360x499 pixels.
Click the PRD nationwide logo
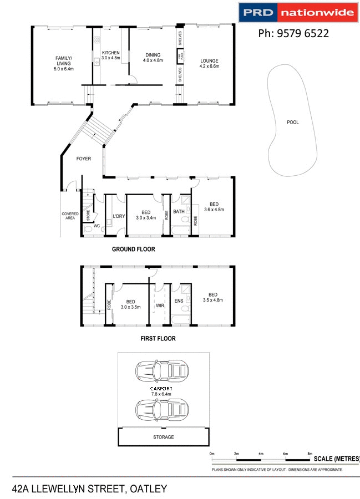(x=298, y=12)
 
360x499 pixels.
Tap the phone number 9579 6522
(x=293, y=33)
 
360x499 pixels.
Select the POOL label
(x=292, y=122)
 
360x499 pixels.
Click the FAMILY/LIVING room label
(x=63, y=61)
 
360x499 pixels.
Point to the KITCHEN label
(x=110, y=54)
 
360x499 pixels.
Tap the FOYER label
(x=83, y=159)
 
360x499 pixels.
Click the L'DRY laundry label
(x=118, y=216)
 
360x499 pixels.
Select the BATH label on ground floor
(x=179, y=211)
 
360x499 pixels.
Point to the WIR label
(x=160, y=305)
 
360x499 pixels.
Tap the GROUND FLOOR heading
(x=133, y=249)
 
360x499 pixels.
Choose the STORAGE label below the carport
(x=163, y=437)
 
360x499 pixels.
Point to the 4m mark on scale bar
(x=261, y=454)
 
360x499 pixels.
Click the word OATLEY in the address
(x=148, y=489)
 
